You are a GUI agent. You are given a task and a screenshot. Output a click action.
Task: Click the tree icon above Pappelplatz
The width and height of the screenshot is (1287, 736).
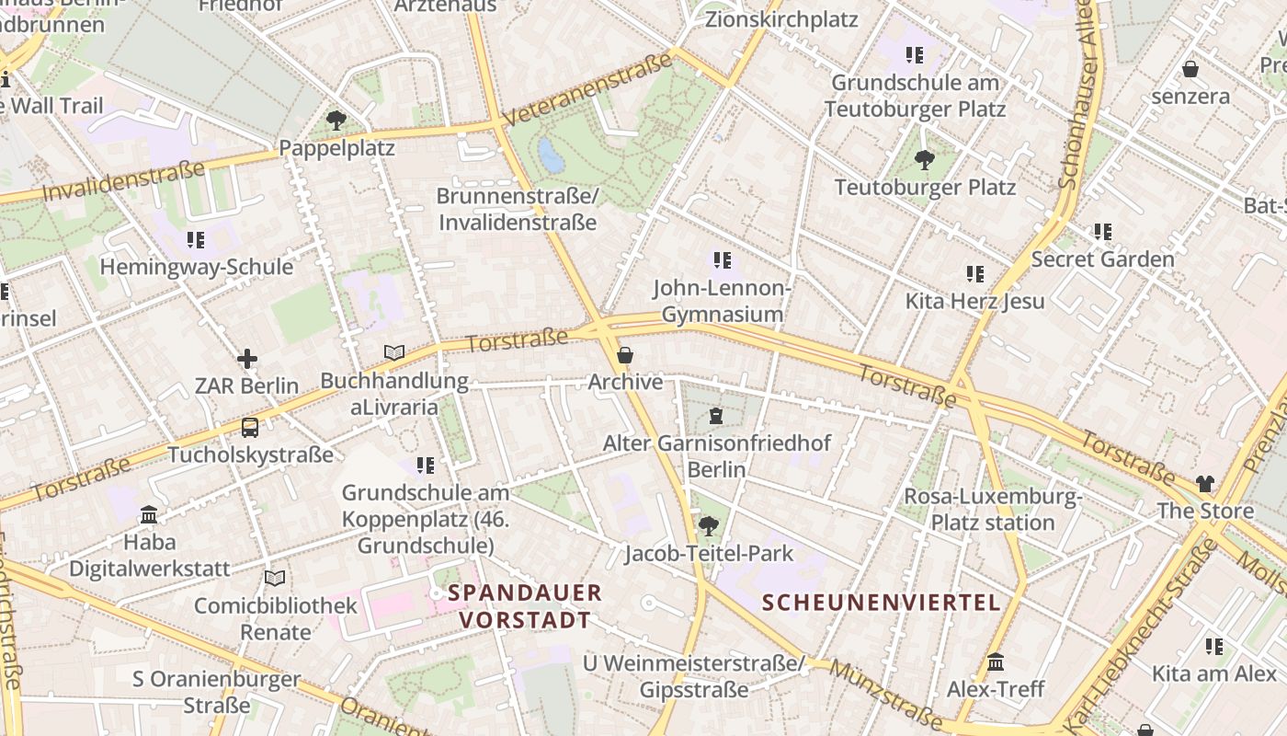click(336, 120)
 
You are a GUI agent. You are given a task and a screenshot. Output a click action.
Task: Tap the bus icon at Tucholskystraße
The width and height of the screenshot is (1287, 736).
click(250, 428)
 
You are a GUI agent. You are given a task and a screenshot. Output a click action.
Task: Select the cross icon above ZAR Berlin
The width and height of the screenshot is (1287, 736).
click(246, 359)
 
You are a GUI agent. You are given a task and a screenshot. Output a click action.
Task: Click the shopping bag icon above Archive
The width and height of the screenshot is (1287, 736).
click(625, 355)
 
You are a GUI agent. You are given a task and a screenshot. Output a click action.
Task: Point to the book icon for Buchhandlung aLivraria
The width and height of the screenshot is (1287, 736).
click(393, 352)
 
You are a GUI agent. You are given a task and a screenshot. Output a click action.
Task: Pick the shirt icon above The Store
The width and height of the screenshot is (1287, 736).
click(1205, 484)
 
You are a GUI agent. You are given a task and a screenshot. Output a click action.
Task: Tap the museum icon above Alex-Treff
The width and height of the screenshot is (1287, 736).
click(996, 662)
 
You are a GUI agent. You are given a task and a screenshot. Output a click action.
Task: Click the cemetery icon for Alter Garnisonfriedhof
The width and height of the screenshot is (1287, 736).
click(716, 417)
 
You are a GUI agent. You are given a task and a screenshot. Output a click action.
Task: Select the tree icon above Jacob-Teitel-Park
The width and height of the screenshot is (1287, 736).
click(708, 526)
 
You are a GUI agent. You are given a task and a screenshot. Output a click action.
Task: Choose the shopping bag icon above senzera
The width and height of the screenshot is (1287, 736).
click(1190, 69)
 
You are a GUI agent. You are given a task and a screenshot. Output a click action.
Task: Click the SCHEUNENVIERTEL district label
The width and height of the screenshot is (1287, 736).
click(881, 603)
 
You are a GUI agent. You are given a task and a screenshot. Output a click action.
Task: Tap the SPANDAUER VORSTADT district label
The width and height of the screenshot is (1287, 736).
click(525, 606)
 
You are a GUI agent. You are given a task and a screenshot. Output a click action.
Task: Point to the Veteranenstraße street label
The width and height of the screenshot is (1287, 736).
click(588, 90)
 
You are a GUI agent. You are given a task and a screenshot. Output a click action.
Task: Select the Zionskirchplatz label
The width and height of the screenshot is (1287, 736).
click(781, 19)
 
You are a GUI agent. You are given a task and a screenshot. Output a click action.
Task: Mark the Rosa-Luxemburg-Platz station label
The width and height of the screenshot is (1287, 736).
click(993, 510)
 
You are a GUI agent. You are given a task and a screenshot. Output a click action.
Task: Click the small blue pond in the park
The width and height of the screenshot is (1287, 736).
click(551, 155)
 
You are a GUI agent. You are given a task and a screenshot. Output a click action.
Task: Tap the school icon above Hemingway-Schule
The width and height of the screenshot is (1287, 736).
click(196, 240)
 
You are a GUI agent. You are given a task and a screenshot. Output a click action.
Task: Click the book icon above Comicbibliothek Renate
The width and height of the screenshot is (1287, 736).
click(274, 578)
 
